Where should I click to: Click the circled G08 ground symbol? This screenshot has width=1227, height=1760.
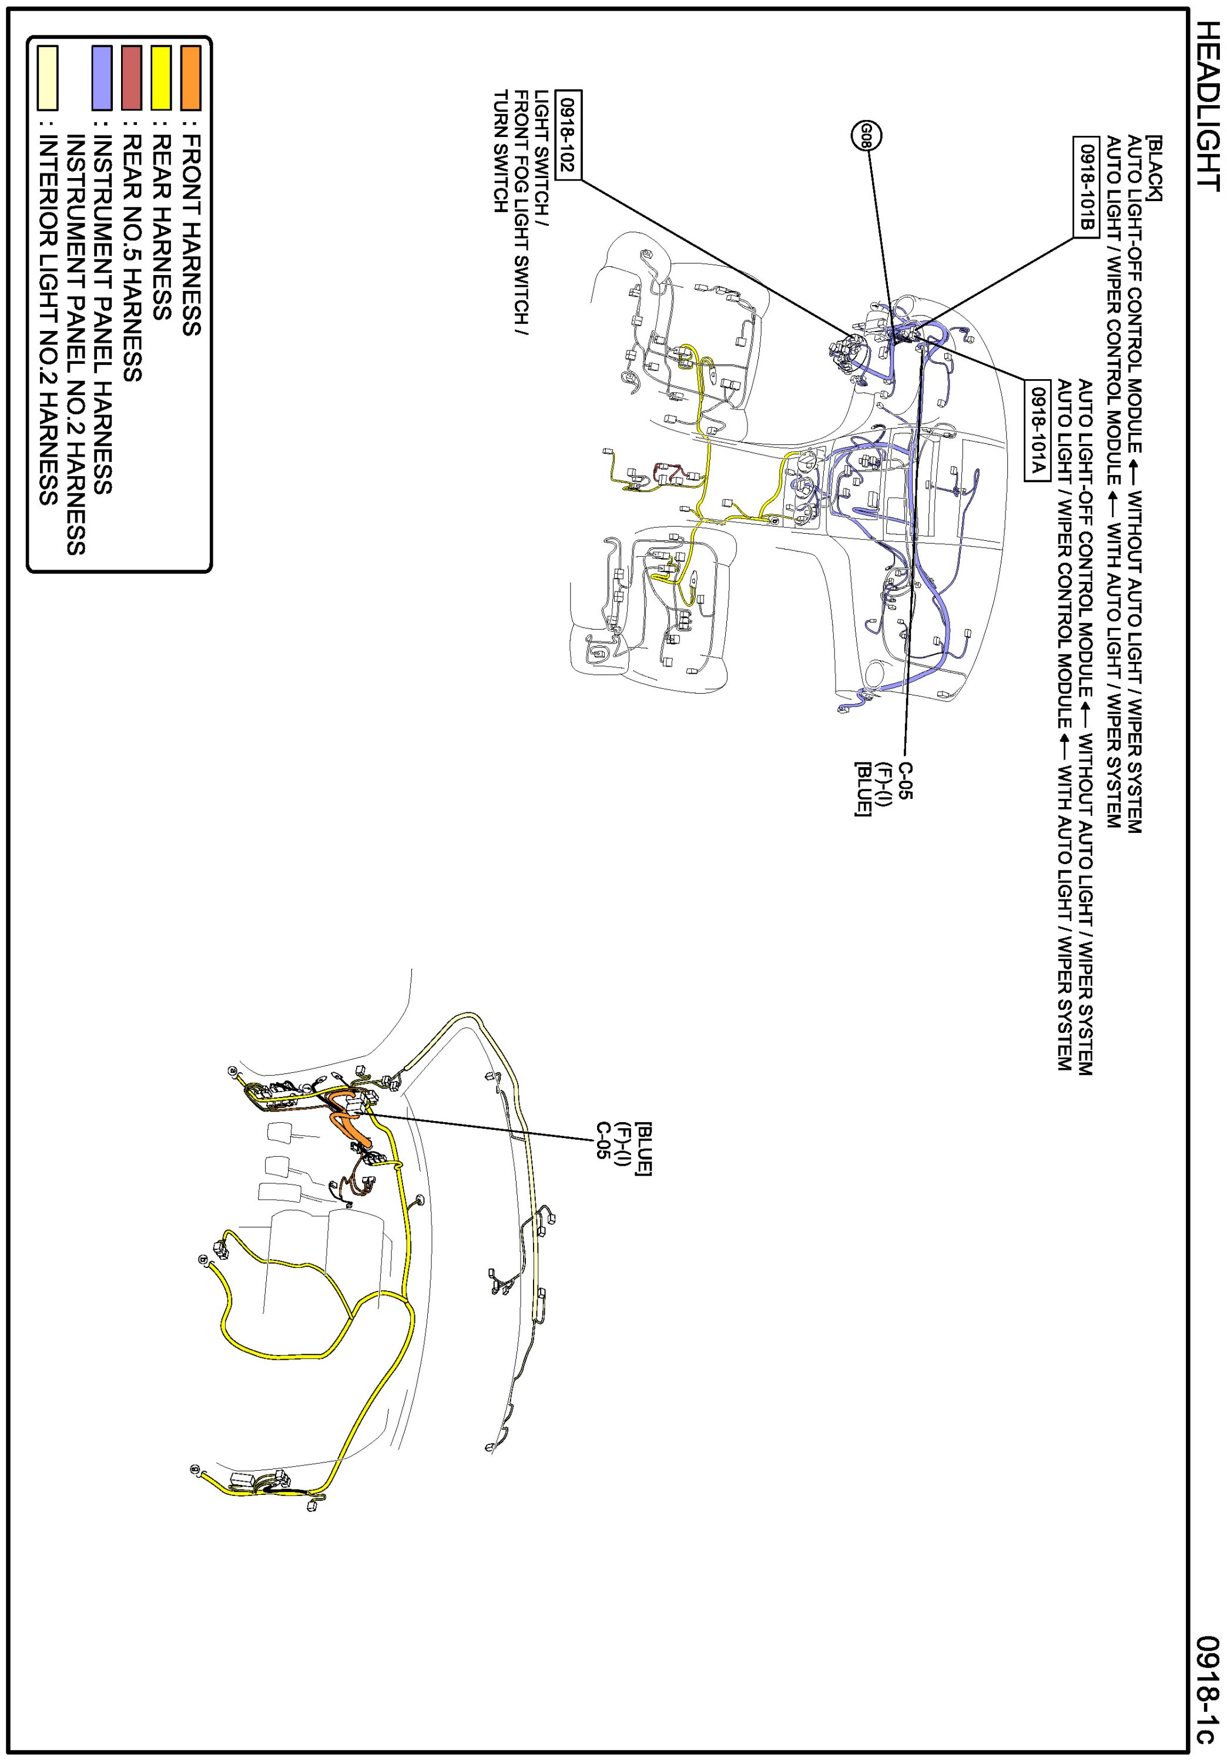pyautogui.click(x=866, y=136)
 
